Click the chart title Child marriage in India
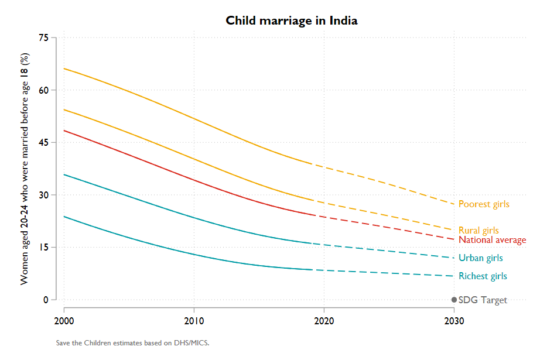click(292, 20)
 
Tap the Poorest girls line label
click(484, 204)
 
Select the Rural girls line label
click(479, 230)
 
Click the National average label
click(492, 240)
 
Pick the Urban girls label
click(480, 258)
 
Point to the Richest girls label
click(483, 276)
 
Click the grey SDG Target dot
click(454, 300)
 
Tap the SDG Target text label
click(483, 300)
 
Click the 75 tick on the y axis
click(43, 37)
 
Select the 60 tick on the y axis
click(43, 90)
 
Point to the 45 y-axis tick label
click(43, 142)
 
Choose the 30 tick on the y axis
click(43, 195)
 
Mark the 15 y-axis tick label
click(43, 247)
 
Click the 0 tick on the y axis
click(45, 300)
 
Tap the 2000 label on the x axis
click(64, 321)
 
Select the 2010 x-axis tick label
click(194, 321)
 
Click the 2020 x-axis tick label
click(324, 321)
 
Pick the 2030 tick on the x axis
click(454, 321)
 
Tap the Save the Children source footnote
click(132, 343)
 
